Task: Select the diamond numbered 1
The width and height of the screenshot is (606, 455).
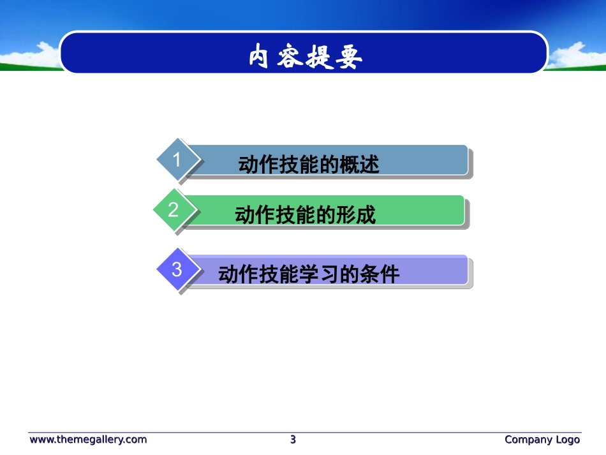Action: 177,160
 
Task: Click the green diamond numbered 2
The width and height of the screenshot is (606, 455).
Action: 173,209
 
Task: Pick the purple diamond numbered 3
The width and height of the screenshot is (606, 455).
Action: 177,269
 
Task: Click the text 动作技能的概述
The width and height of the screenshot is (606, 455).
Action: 309,165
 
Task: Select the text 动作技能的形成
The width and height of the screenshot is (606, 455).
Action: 306,215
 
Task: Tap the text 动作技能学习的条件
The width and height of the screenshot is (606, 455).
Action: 309,274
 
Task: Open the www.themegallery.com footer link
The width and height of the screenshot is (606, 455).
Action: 88,439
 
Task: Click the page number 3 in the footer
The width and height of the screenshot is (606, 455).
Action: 293,439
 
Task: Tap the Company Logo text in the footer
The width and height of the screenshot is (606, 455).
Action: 542,439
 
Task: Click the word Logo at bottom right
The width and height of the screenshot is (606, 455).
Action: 567,439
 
